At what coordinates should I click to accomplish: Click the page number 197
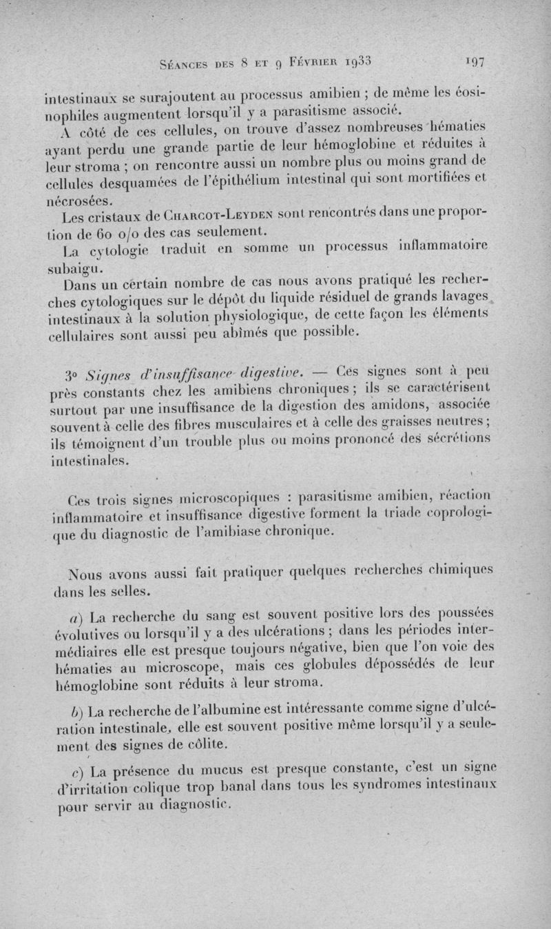[x=476, y=61]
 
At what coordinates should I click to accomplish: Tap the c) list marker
[x=75, y=770]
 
